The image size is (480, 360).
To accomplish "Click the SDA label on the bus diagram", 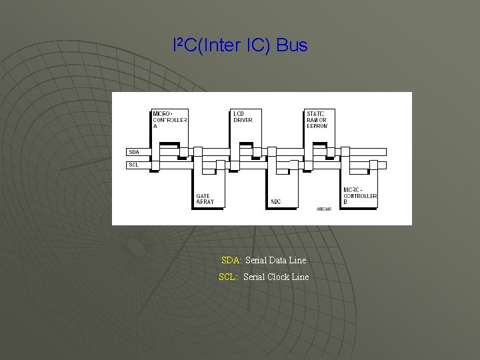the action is pyautogui.click(x=134, y=152).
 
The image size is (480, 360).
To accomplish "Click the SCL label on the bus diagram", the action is pyautogui.click(x=134, y=164).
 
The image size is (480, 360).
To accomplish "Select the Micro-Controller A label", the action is pyautogui.click(x=169, y=120).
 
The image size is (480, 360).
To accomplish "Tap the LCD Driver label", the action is pyautogui.click(x=243, y=117).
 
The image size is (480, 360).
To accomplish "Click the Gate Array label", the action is pyautogui.click(x=205, y=199).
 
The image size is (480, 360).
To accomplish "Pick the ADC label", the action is pyautogui.click(x=275, y=201).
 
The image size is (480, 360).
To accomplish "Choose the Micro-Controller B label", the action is pyautogui.click(x=360, y=196).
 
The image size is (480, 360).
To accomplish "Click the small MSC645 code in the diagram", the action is pyautogui.click(x=323, y=209).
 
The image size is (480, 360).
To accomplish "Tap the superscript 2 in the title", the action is pyautogui.click(x=179, y=42).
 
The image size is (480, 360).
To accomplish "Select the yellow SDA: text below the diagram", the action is pyautogui.click(x=232, y=260).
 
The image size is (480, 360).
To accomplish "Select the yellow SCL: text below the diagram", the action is pyautogui.click(x=228, y=277).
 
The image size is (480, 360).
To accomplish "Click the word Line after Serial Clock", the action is pyautogui.click(x=301, y=277).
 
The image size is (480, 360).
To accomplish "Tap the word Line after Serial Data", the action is pyautogui.click(x=299, y=260).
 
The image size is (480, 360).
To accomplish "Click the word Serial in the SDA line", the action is pyautogui.click(x=257, y=260).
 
